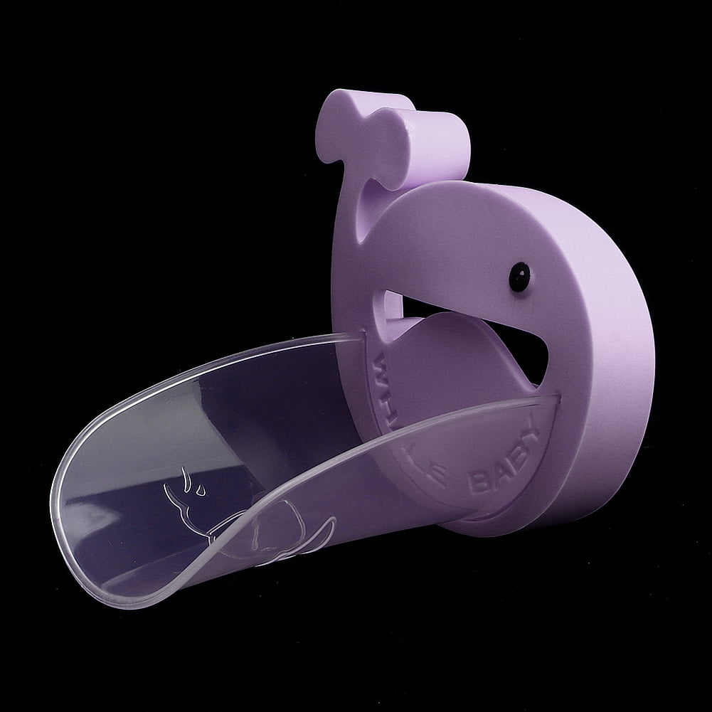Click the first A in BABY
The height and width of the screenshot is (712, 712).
point(496,476)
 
